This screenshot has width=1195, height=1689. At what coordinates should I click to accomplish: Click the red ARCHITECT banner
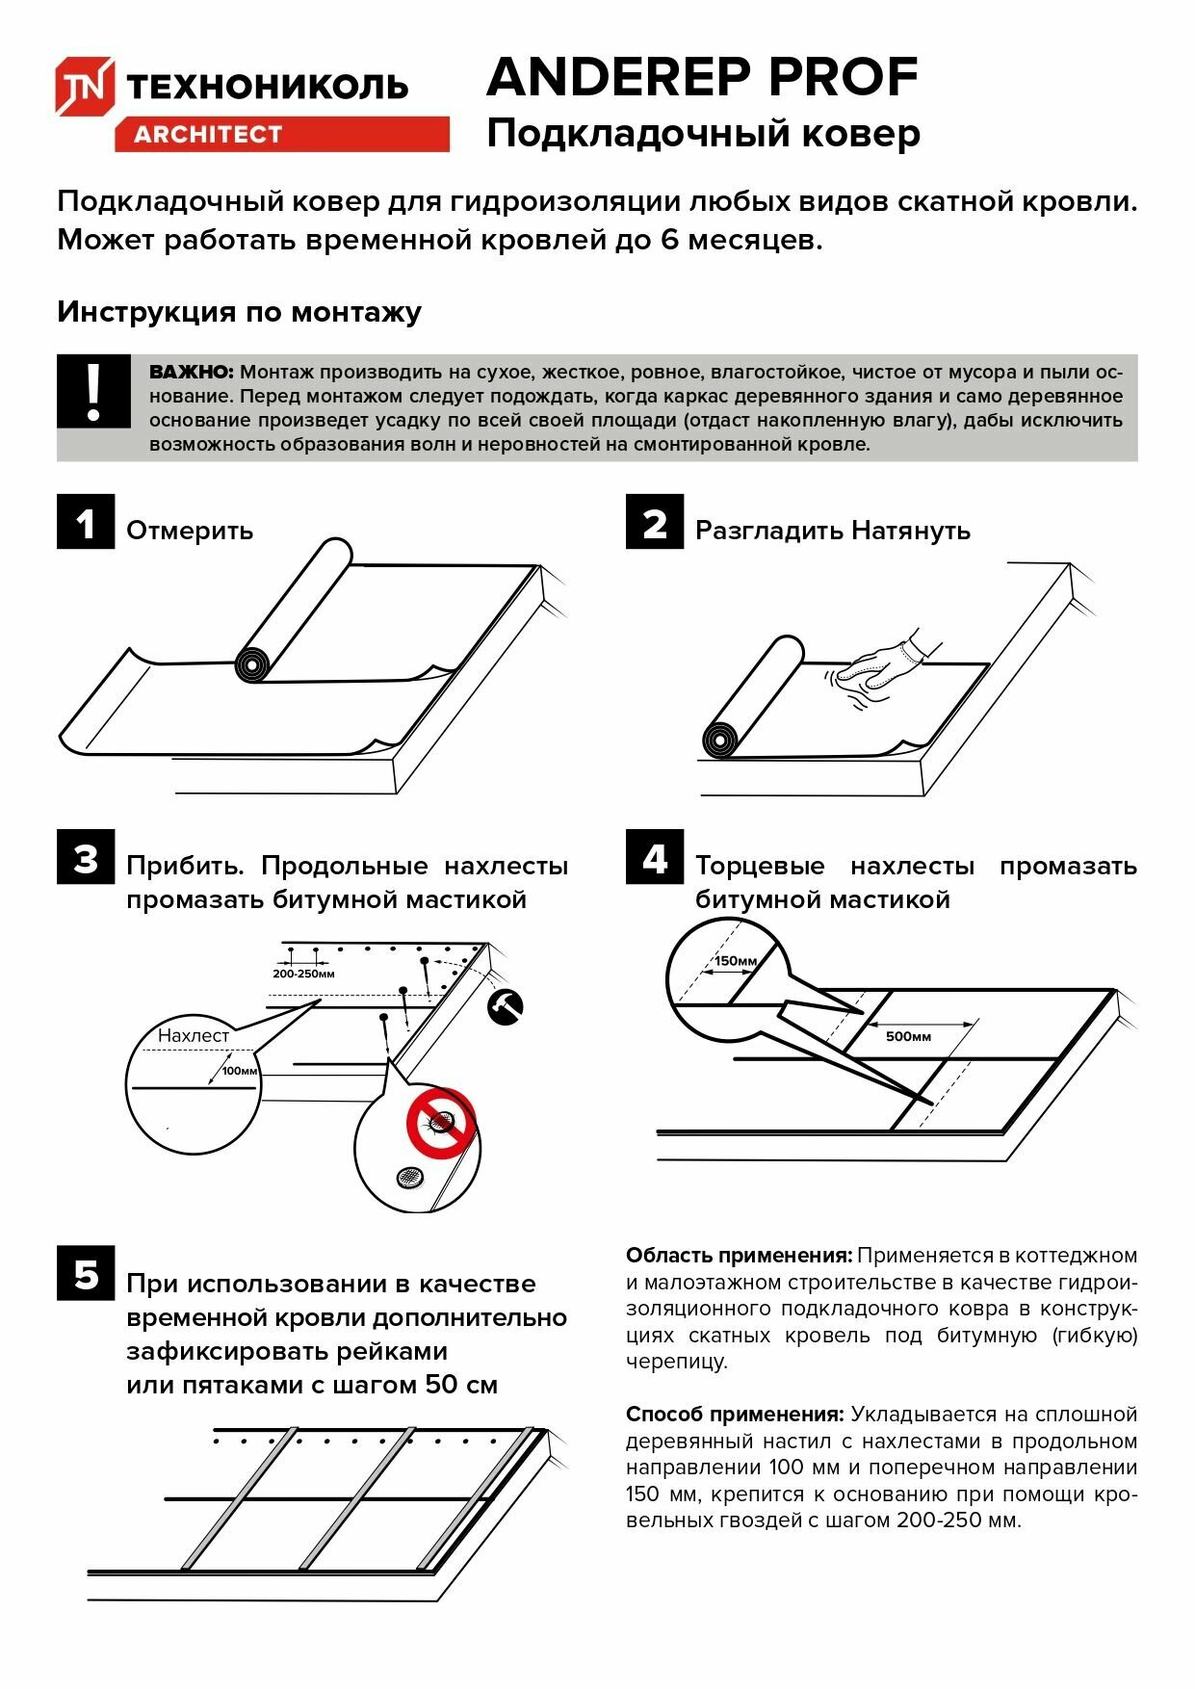281,134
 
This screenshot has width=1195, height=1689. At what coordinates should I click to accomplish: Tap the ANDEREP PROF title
702,77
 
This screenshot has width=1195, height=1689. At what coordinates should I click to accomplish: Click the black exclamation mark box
93,391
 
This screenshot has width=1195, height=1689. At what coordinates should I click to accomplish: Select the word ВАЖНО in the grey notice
192,372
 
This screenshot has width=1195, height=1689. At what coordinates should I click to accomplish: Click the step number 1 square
86,523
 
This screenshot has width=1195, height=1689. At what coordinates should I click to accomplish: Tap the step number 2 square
655,523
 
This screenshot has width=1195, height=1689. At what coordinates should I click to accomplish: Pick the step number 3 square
86,857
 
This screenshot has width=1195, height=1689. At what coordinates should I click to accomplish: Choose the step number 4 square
655,857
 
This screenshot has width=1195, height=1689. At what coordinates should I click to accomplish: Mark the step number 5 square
86,1274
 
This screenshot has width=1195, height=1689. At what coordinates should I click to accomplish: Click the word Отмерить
190,531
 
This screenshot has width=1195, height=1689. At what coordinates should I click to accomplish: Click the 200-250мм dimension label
303,974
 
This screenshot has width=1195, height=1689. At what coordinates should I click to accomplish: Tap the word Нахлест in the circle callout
194,1035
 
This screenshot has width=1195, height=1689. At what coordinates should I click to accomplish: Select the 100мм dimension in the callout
240,1071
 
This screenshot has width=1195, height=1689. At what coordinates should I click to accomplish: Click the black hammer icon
505,1007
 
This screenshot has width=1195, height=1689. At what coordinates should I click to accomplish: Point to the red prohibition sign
441,1122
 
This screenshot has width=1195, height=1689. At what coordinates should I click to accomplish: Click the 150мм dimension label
736,961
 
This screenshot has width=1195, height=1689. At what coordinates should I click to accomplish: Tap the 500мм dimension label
908,1036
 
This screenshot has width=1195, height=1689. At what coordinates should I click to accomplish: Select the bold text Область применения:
739,1256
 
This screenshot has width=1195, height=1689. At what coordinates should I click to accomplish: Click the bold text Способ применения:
735,1415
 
